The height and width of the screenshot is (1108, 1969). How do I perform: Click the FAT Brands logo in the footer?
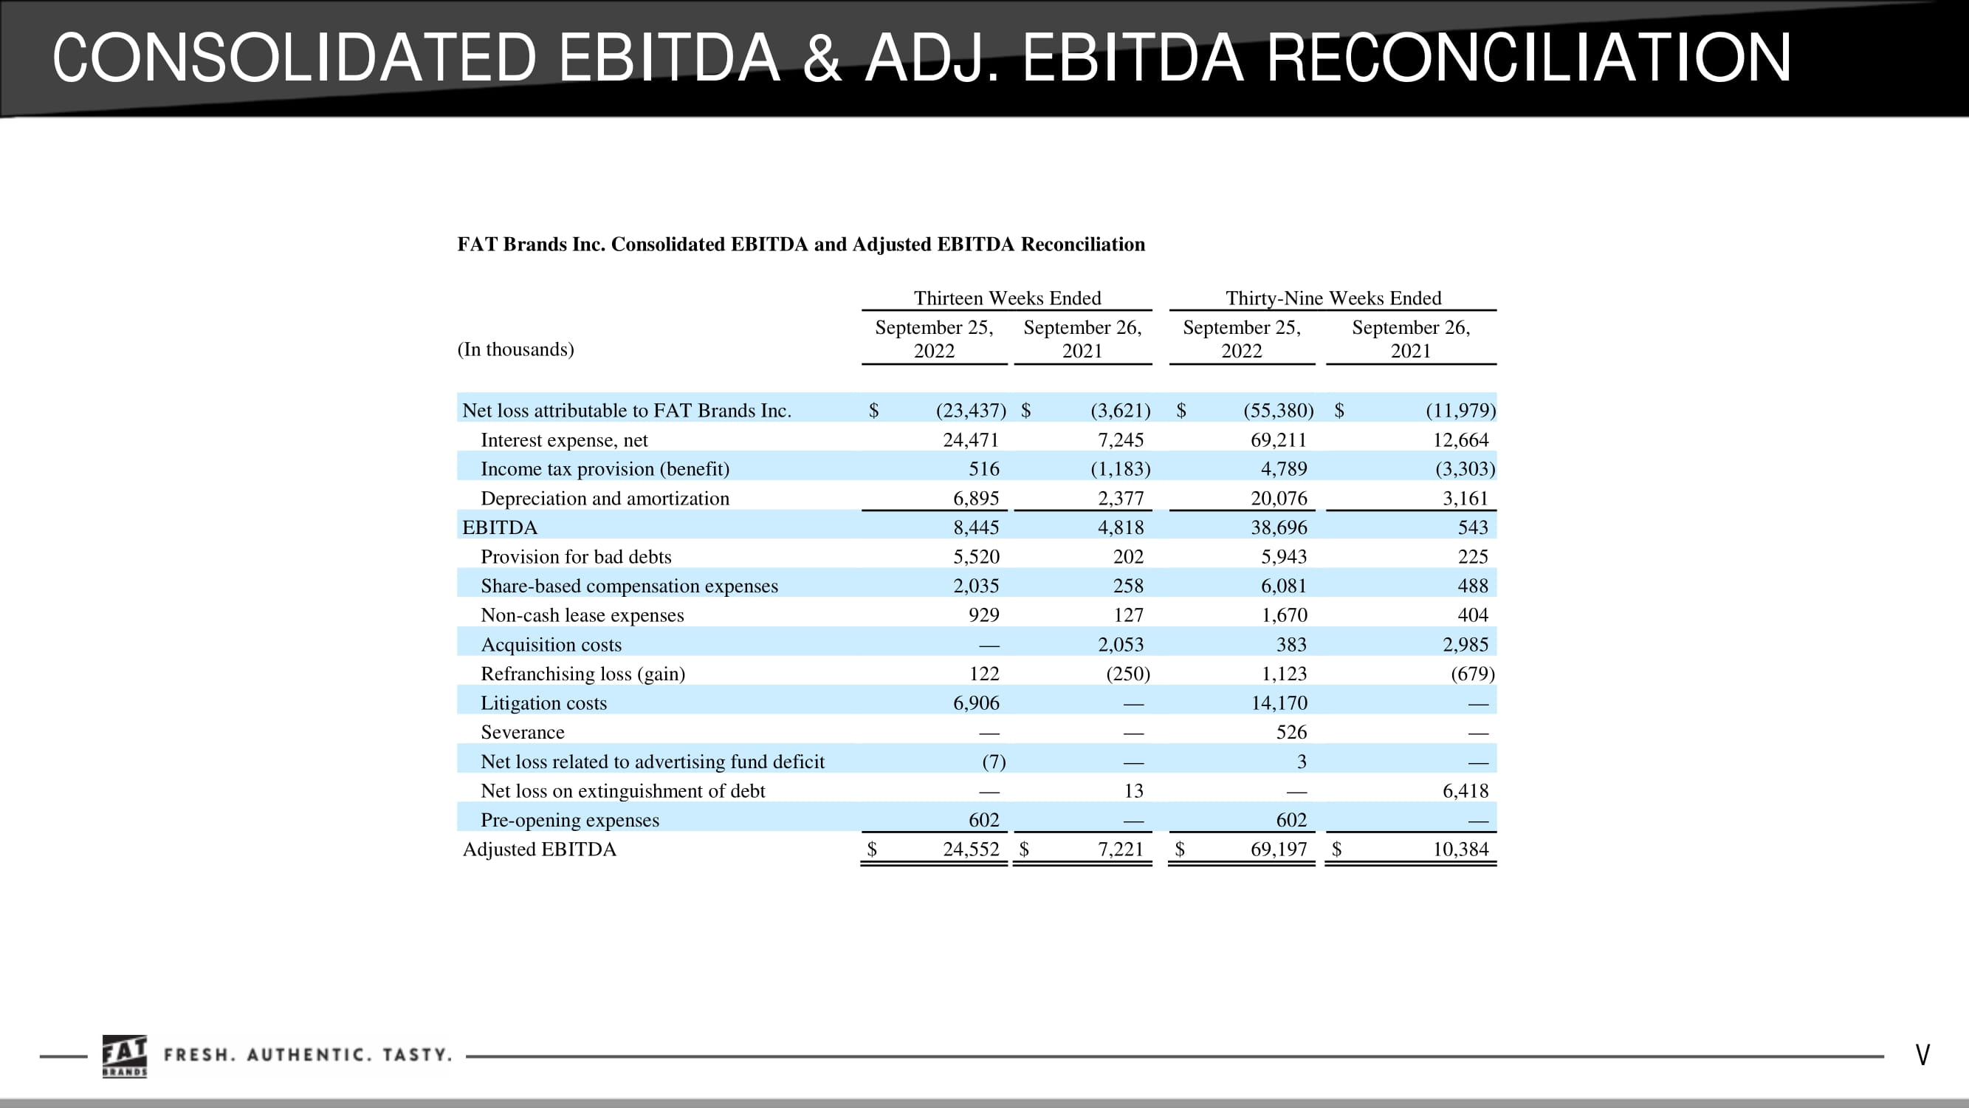click(x=125, y=1056)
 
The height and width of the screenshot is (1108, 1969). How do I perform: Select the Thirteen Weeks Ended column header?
click(x=1008, y=298)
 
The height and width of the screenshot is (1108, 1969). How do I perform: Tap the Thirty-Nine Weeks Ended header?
click(x=1333, y=298)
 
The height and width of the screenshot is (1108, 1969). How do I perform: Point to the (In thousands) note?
click(x=515, y=349)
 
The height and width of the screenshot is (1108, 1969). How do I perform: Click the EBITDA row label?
click(x=500, y=527)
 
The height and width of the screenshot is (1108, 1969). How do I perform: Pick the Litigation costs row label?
click(x=543, y=702)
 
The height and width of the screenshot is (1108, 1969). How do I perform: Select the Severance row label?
click(x=523, y=733)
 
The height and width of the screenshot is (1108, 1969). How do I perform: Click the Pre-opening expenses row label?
click(x=569, y=820)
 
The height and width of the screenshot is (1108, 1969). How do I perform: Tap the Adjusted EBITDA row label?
click(x=539, y=849)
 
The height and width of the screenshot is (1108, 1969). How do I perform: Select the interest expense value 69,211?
click(x=1279, y=440)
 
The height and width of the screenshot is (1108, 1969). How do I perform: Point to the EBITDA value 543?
click(x=1473, y=527)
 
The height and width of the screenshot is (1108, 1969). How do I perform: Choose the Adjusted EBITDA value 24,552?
click(x=971, y=849)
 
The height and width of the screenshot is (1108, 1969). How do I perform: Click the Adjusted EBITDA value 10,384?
click(x=1461, y=849)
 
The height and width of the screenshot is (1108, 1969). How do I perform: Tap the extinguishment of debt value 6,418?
click(x=1465, y=790)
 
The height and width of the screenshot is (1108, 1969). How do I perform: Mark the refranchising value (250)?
click(x=1128, y=674)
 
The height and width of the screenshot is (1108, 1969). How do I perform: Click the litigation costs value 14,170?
click(x=1279, y=702)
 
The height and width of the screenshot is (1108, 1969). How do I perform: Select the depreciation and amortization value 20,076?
click(x=1279, y=499)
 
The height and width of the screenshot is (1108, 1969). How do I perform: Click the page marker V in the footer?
click(x=1922, y=1056)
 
